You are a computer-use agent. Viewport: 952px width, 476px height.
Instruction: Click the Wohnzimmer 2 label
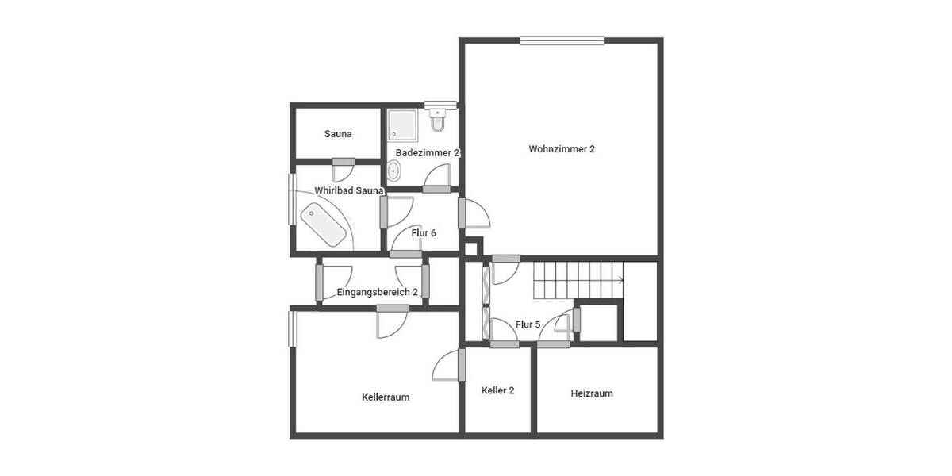pyautogui.click(x=562, y=149)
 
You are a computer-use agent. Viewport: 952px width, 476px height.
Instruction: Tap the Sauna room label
pyautogui.click(x=338, y=134)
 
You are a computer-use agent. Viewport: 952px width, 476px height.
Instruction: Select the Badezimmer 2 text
pyautogui.click(x=428, y=152)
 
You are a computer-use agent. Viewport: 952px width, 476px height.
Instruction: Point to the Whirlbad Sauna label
pyautogui.click(x=349, y=190)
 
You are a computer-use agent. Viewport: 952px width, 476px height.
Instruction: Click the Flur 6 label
pyautogui.click(x=424, y=233)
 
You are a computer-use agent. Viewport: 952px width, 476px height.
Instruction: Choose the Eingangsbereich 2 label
pyautogui.click(x=378, y=292)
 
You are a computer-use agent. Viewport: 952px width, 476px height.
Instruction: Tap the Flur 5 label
pyautogui.click(x=528, y=324)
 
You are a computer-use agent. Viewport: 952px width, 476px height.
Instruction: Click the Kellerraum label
pyautogui.click(x=386, y=397)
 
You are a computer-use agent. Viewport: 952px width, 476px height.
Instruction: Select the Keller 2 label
pyautogui.click(x=498, y=390)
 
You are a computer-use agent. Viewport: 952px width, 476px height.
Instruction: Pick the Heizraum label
pyautogui.click(x=592, y=393)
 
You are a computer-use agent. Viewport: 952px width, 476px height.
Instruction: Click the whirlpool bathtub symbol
pyautogui.click(x=324, y=224)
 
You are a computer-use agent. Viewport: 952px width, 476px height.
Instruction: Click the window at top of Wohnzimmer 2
pyautogui.click(x=562, y=40)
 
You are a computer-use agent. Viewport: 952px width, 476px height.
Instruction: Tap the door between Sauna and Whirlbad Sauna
pyautogui.click(x=344, y=163)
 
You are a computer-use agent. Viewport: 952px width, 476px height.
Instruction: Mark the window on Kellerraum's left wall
pyautogui.click(x=292, y=328)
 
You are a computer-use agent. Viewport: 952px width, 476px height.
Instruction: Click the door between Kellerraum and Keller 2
pyautogui.click(x=461, y=365)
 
